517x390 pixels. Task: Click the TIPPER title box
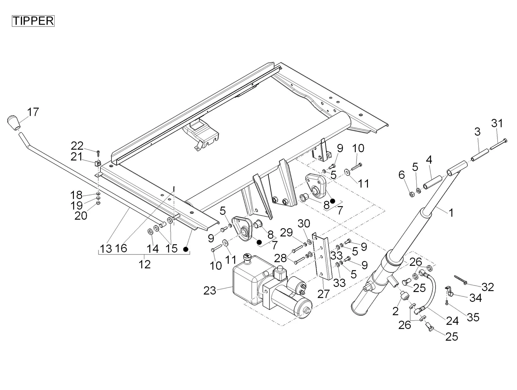tap(33, 21)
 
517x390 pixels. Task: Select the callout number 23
tap(210, 290)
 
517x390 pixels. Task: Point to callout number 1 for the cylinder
tap(451, 213)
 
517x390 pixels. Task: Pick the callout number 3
tap(477, 131)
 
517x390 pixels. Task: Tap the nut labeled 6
tap(412, 193)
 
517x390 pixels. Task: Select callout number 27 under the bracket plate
tap(323, 294)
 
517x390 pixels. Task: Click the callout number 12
tap(145, 264)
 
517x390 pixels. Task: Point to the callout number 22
tap(77, 146)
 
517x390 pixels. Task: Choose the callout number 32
tap(488, 287)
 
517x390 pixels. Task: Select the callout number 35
tap(473, 317)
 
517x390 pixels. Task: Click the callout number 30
tap(304, 223)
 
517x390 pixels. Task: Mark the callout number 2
tap(395, 311)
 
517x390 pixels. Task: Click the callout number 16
tap(121, 248)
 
